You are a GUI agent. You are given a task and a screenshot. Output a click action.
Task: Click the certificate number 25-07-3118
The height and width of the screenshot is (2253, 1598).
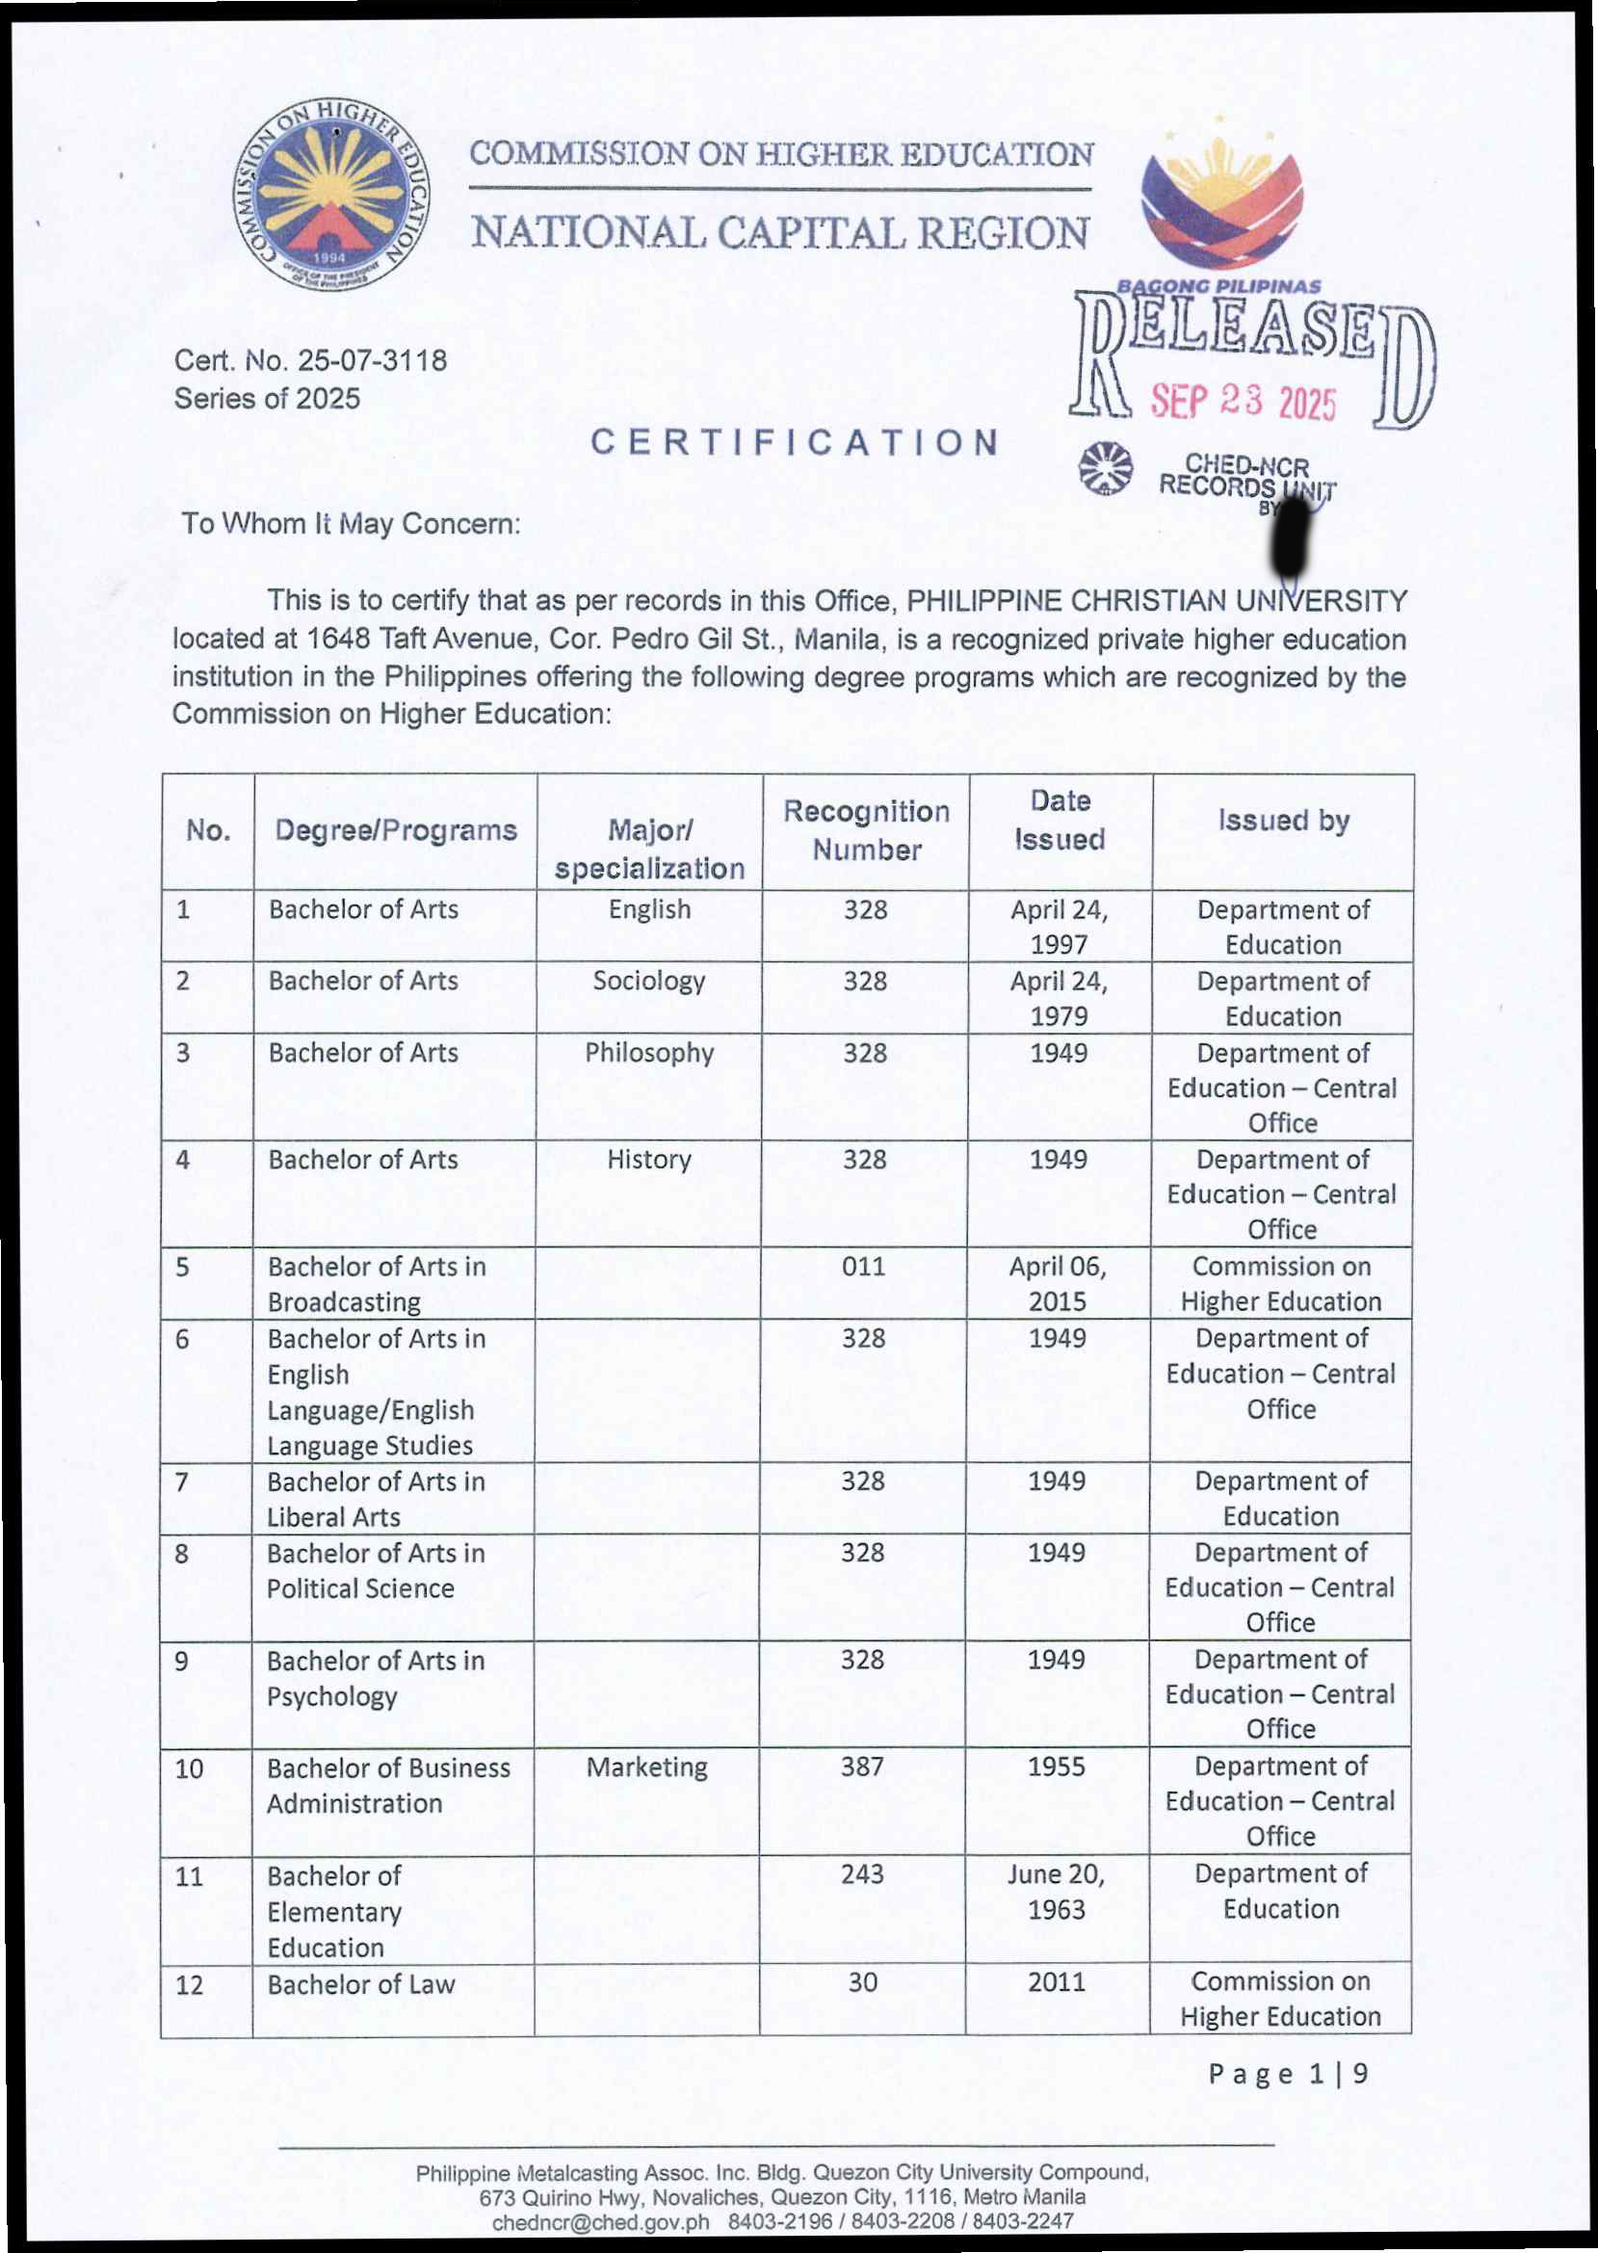click(372, 361)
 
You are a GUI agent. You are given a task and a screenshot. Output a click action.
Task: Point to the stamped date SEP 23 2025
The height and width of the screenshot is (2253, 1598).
click(1244, 402)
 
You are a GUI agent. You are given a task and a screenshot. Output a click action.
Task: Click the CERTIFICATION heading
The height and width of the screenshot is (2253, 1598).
click(794, 443)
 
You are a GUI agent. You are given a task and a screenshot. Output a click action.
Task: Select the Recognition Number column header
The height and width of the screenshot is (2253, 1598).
click(866, 830)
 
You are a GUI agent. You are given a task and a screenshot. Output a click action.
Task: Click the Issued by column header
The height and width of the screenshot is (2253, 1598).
click(1283, 821)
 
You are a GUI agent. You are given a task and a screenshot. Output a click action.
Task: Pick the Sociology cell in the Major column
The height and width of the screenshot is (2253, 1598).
click(648, 981)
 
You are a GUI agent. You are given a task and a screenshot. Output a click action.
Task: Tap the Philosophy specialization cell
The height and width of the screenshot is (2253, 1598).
click(648, 1053)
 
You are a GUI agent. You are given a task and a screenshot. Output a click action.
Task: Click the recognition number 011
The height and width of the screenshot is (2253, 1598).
click(863, 1267)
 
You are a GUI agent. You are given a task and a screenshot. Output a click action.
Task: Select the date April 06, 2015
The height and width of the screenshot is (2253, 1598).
click(1058, 1284)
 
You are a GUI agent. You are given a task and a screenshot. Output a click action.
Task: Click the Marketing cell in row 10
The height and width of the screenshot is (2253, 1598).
click(646, 1767)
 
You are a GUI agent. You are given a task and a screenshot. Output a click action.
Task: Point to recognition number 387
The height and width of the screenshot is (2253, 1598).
click(862, 1767)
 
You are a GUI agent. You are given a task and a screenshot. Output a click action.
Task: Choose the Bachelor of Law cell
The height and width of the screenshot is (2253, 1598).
click(361, 1984)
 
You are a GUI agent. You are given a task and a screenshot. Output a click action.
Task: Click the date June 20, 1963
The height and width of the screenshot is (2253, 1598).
click(1057, 1892)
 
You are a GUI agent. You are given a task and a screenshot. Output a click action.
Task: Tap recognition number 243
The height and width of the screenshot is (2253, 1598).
click(862, 1874)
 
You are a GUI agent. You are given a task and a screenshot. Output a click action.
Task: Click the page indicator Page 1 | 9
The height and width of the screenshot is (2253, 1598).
click(1288, 2075)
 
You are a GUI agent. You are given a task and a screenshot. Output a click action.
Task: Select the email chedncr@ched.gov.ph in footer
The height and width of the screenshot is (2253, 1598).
click(600, 2221)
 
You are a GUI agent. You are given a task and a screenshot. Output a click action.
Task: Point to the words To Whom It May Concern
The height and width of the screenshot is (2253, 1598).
click(351, 523)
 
